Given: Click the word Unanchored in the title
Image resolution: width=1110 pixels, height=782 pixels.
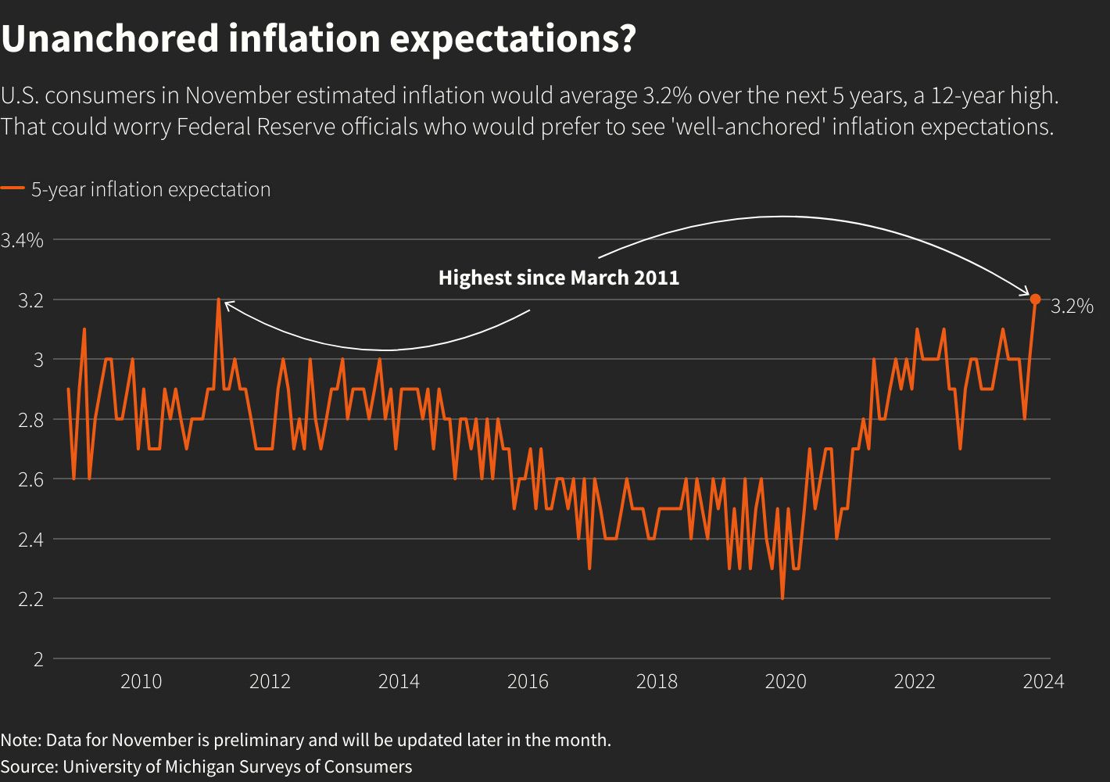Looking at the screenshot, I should coord(109,39).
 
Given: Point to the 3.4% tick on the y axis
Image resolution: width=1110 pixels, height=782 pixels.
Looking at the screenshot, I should coord(22,240).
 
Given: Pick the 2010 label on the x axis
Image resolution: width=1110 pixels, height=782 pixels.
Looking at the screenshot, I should coord(141,682).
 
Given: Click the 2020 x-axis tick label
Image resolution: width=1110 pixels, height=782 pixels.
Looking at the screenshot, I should coord(785,682).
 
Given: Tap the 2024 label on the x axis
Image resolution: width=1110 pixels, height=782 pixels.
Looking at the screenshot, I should coord(1043,682).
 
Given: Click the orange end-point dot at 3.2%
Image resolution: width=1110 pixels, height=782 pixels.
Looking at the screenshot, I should coord(1035,300).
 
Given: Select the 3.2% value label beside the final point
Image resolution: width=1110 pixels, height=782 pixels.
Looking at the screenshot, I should coord(1072,307).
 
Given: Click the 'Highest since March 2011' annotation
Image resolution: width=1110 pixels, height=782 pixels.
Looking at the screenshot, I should coord(558,278).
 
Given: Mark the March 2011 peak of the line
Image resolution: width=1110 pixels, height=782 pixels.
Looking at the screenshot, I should coord(219,300).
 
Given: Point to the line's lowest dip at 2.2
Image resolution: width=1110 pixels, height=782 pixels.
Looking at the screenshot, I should coord(782,598).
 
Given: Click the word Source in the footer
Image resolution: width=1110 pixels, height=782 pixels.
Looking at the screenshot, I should coord(29,766).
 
